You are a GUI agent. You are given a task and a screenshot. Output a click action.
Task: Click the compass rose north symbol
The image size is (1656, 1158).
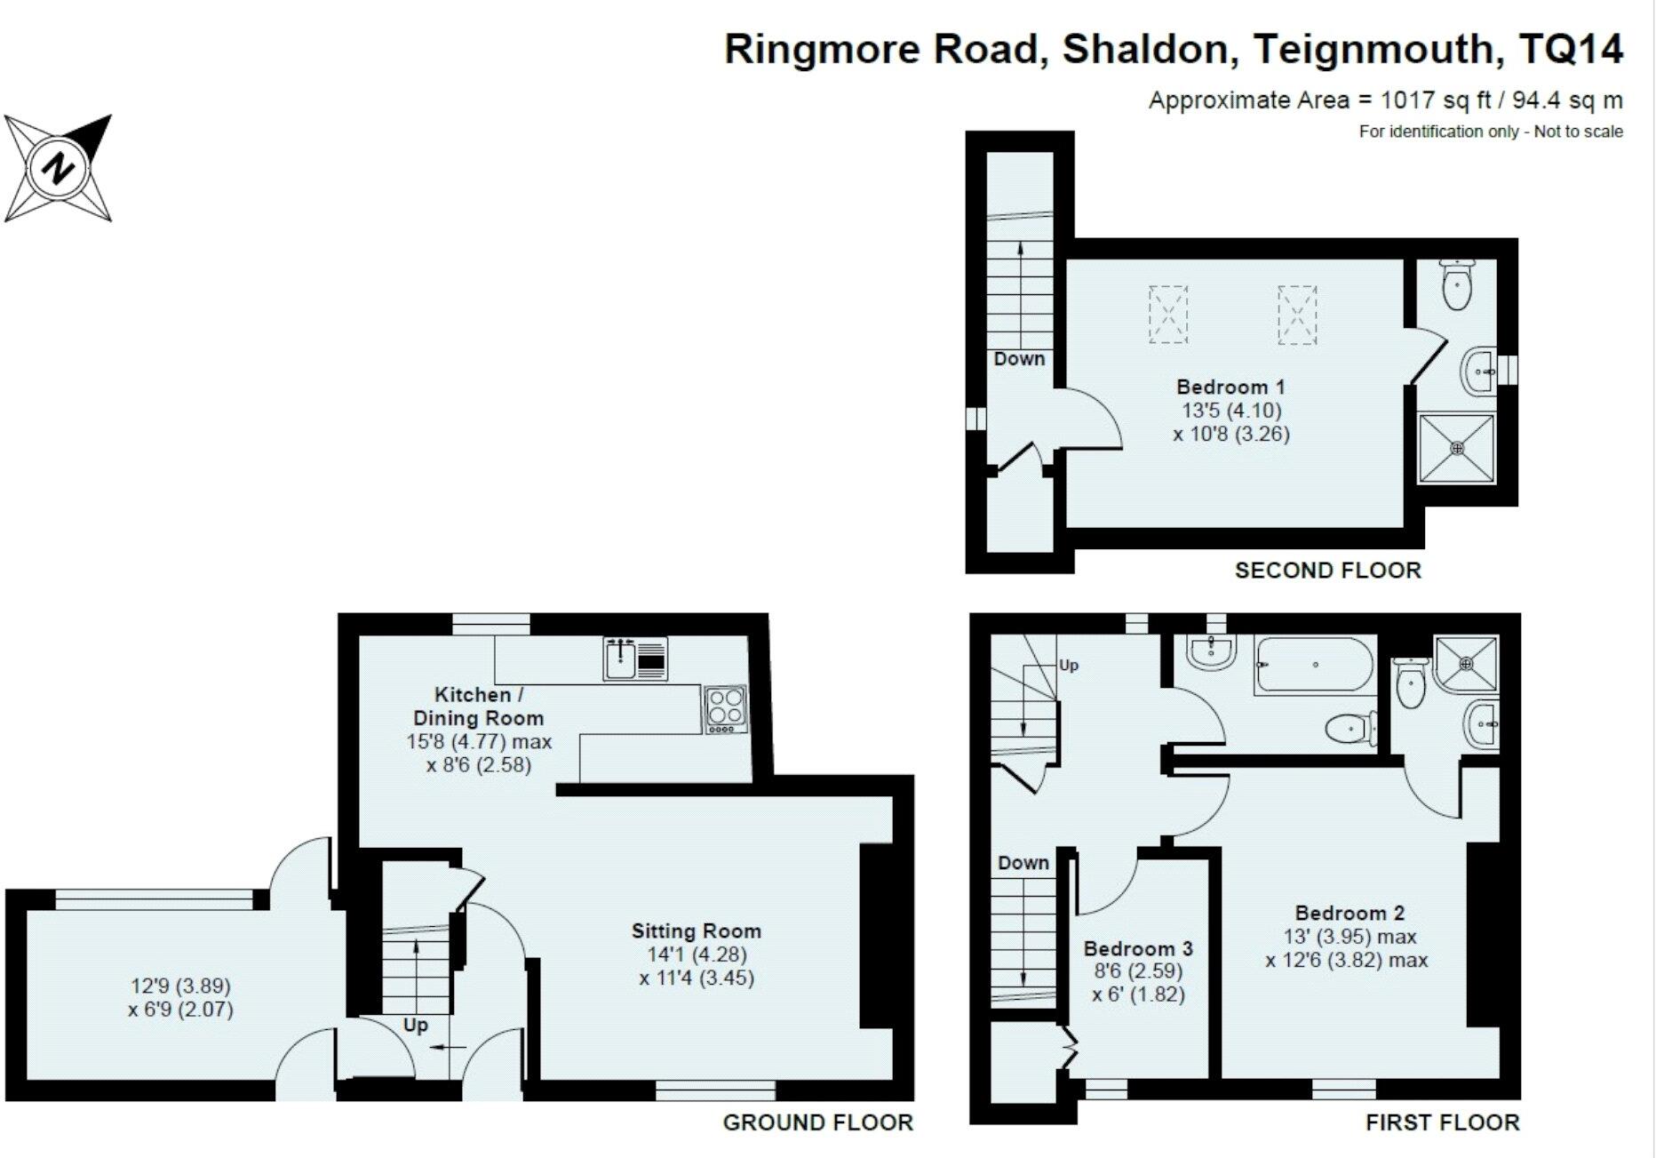pos(59,168)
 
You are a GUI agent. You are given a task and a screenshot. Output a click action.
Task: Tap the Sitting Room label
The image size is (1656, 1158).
pos(696,930)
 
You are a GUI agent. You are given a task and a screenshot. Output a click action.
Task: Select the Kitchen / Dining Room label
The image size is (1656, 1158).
pos(477,707)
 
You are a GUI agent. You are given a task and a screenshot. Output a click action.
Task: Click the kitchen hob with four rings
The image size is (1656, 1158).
pos(726,709)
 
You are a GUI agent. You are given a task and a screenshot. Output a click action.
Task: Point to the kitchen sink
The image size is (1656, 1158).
pos(635,658)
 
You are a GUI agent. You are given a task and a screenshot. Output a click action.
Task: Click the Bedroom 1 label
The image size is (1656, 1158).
pos(1230,387)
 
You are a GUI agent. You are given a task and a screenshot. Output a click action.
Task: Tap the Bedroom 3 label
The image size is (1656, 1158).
pos(1137,948)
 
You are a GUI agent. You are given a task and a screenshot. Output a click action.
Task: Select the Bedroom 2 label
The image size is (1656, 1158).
pos(1349,913)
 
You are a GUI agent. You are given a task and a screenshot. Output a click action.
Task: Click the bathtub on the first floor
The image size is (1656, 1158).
pos(1313,665)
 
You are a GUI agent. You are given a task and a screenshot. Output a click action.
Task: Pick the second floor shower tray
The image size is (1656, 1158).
pos(1456,449)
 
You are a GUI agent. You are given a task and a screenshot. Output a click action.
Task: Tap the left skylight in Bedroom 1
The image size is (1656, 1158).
pos(1167,314)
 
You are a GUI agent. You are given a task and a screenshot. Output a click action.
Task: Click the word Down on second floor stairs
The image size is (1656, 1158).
pos(1019,359)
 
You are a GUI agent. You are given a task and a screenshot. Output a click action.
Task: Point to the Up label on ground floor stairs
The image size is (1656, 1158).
pos(415,1025)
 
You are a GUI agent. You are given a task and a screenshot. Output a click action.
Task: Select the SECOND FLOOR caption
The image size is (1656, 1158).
pos(1327,571)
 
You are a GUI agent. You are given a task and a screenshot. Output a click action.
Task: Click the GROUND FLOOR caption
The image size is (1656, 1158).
pos(817,1122)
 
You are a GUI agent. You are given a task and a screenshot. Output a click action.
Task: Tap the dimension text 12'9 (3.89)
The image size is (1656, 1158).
pos(180,986)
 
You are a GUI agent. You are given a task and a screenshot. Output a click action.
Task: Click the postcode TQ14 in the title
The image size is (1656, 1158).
pos(1571,49)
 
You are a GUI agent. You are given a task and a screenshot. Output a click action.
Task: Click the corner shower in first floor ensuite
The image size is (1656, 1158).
pos(1466,664)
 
